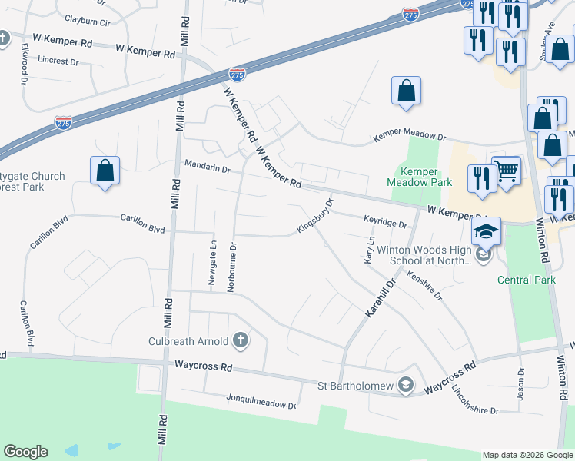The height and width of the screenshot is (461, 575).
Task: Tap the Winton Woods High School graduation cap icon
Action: coord(487,231)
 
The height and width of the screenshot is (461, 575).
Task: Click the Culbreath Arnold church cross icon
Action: coord(241,340)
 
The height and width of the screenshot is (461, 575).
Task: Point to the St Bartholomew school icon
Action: coord(406,385)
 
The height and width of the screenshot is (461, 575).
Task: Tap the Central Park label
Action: coord(527,280)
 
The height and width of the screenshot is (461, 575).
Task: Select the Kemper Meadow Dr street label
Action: coord(410,136)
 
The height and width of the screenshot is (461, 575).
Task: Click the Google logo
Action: coord(25,452)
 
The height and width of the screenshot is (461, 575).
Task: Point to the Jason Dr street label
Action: coord(520,381)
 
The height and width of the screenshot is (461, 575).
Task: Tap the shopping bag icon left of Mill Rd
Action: coord(105,171)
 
